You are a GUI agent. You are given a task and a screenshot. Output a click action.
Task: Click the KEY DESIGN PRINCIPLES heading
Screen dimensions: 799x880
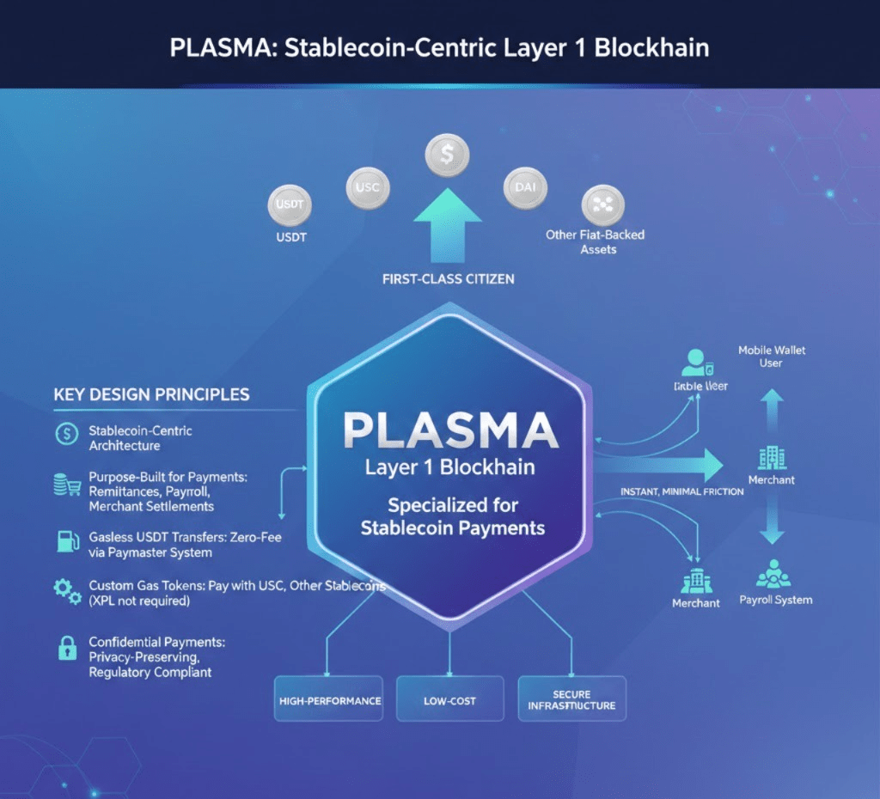151,395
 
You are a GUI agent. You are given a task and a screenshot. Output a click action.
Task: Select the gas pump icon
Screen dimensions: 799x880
65,540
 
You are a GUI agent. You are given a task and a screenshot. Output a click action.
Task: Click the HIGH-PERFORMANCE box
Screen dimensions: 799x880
329,700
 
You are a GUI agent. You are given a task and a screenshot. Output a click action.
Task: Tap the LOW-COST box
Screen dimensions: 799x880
450,700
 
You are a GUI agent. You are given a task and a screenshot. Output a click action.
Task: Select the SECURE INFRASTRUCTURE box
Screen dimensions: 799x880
571,699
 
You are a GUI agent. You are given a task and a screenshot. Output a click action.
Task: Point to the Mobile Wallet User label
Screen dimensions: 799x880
772,357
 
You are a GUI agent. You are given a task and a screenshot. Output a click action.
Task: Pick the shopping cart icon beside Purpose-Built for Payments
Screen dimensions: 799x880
66,485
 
